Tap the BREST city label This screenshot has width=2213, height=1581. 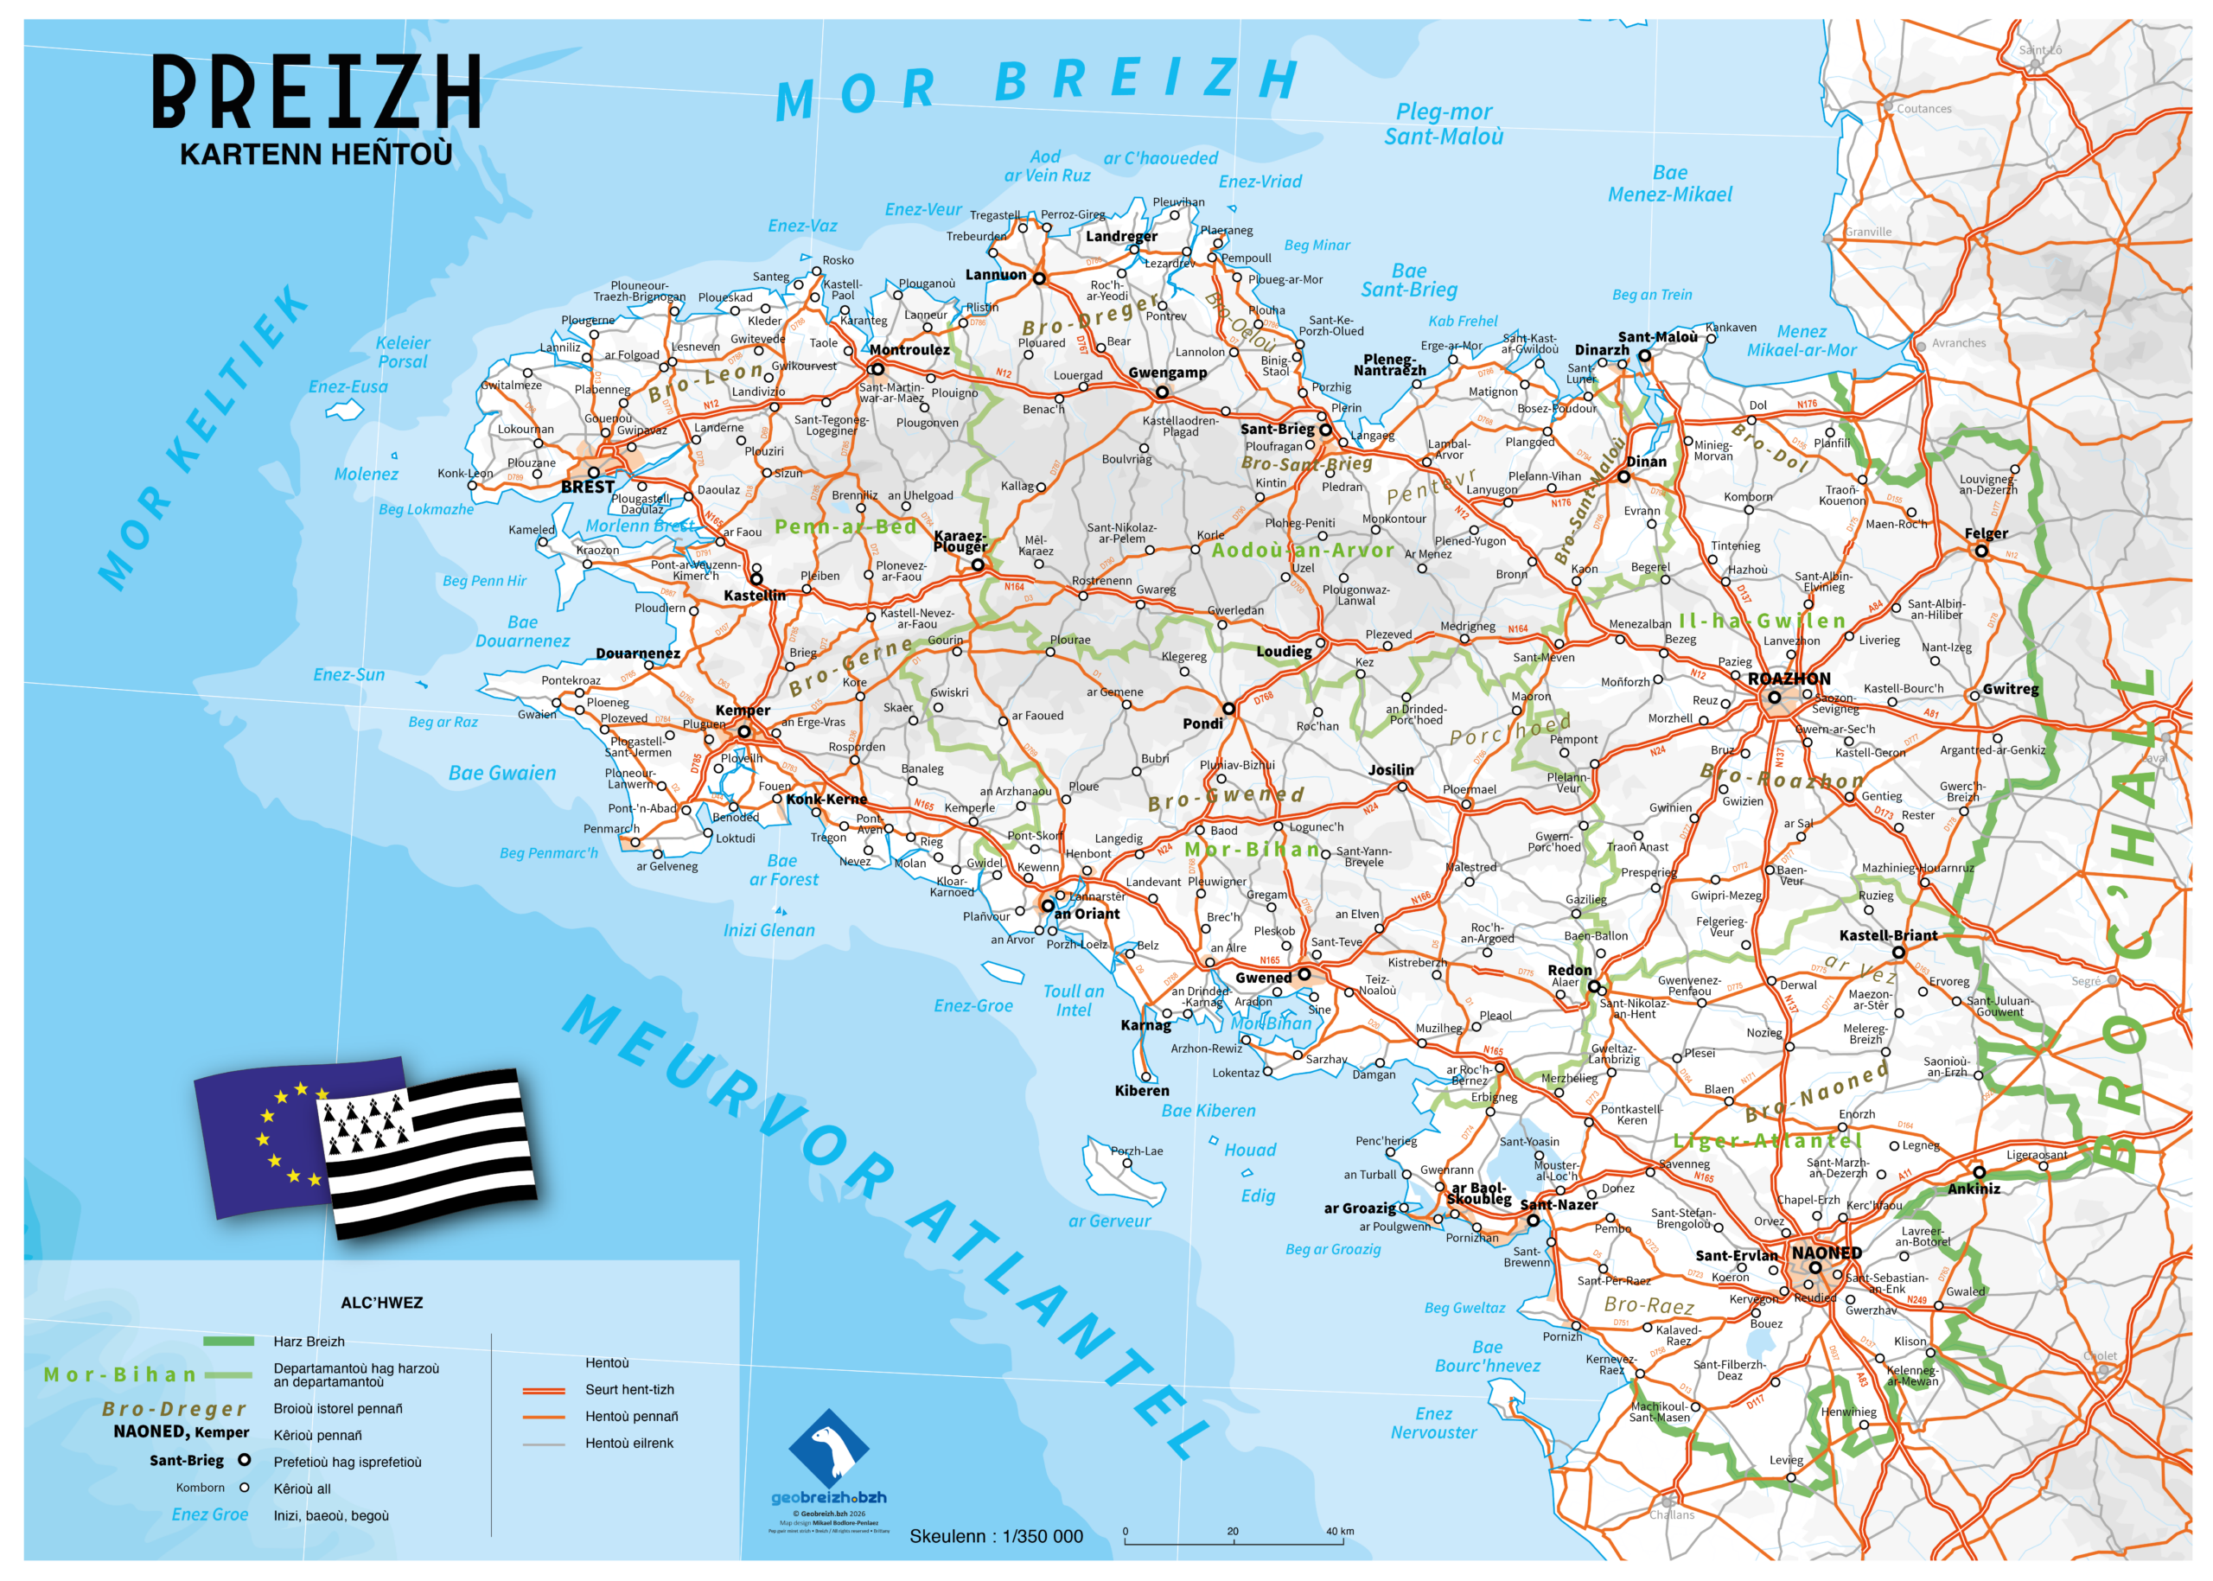(x=587, y=487)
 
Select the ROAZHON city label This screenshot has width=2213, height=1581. (x=1789, y=679)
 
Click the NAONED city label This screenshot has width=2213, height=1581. (x=1827, y=1253)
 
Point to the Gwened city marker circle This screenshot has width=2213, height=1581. (x=1304, y=973)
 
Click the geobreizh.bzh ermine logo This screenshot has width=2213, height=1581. (x=827, y=1450)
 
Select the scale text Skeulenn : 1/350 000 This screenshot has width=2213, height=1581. (x=995, y=1536)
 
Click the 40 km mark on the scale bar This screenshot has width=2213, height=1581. (x=1340, y=1532)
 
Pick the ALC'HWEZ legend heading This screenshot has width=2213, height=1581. (x=381, y=1303)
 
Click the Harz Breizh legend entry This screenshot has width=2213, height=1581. (x=309, y=1342)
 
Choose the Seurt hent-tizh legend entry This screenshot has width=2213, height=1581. (x=629, y=1389)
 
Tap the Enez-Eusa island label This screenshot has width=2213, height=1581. (x=348, y=387)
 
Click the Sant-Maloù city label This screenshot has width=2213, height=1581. (x=1657, y=337)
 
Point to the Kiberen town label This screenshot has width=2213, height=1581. (x=1141, y=1090)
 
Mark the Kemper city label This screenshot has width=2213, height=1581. (x=742, y=711)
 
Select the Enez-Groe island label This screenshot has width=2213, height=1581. (x=973, y=1005)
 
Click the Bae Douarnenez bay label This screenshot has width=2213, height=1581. (x=523, y=631)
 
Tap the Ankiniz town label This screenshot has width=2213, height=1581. (x=1974, y=1188)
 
